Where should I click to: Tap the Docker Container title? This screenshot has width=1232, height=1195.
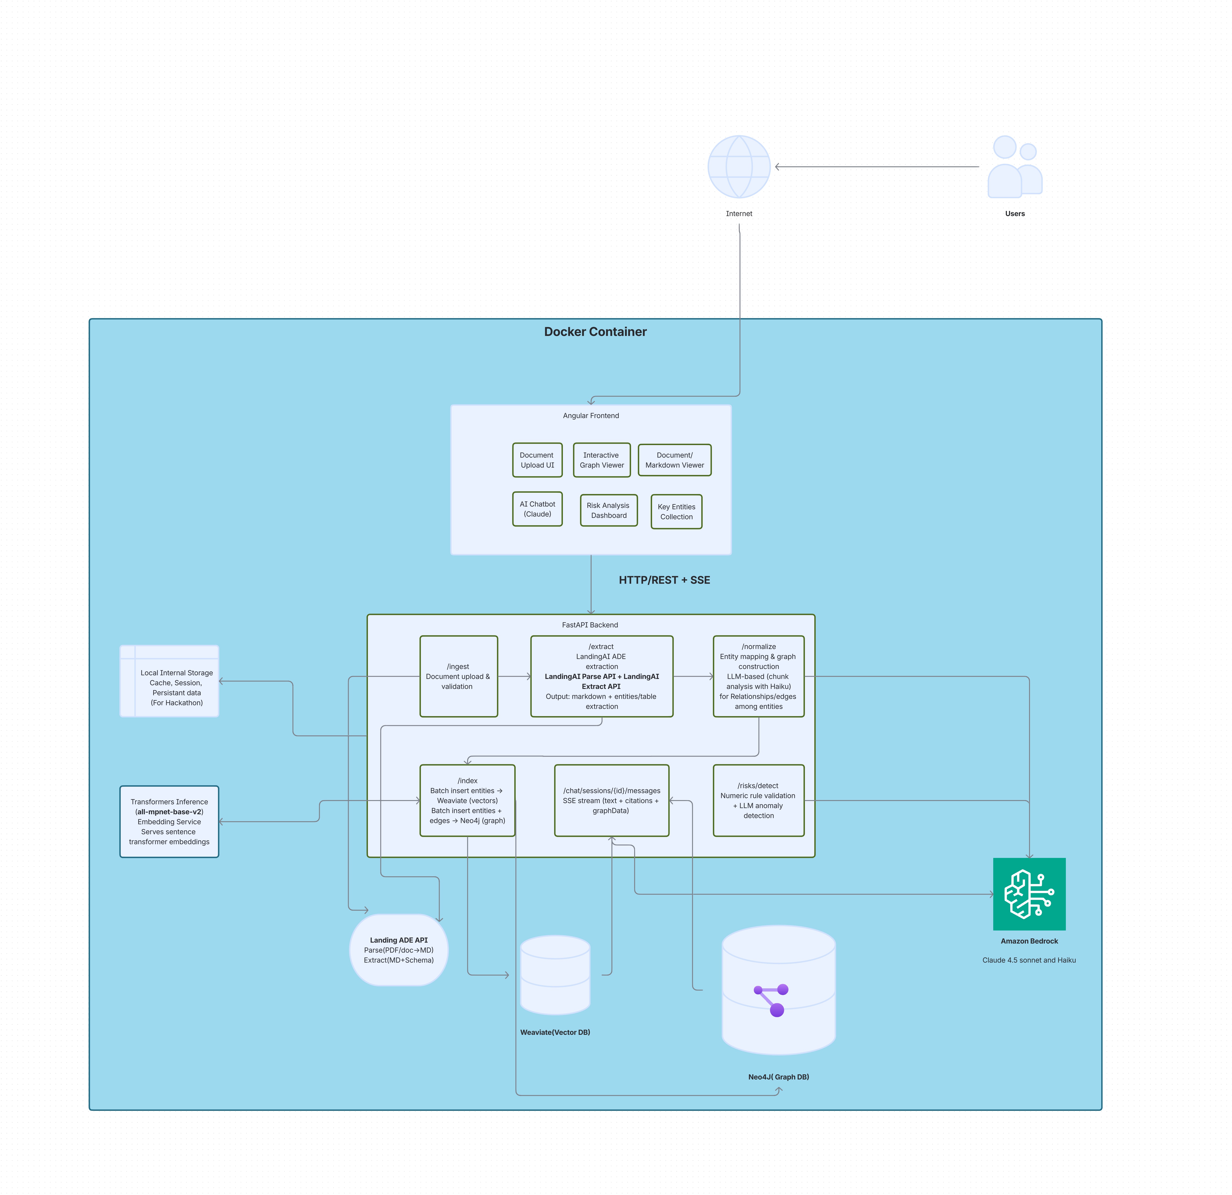tap(595, 332)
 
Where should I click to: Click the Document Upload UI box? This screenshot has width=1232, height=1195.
tap(537, 460)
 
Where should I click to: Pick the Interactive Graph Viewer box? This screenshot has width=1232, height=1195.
tap(601, 460)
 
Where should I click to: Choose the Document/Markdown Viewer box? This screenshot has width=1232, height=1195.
tap(675, 460)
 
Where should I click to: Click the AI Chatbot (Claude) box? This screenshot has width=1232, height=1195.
tap(537, 509)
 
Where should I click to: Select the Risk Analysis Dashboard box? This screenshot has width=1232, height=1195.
tap(609, 510)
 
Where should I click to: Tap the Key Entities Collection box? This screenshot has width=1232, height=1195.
tap(676, 512)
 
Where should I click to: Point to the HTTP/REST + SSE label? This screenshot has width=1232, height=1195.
tap(664, 580)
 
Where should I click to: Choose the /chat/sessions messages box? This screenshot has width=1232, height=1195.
tap(612, 801)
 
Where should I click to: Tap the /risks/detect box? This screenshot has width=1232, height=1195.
tap(759, 801)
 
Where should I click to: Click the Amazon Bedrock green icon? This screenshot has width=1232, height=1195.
tap(1029, 894)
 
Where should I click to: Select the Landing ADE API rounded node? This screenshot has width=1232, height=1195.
tap(399, 950)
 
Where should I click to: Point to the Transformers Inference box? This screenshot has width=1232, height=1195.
tap(169, 822)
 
